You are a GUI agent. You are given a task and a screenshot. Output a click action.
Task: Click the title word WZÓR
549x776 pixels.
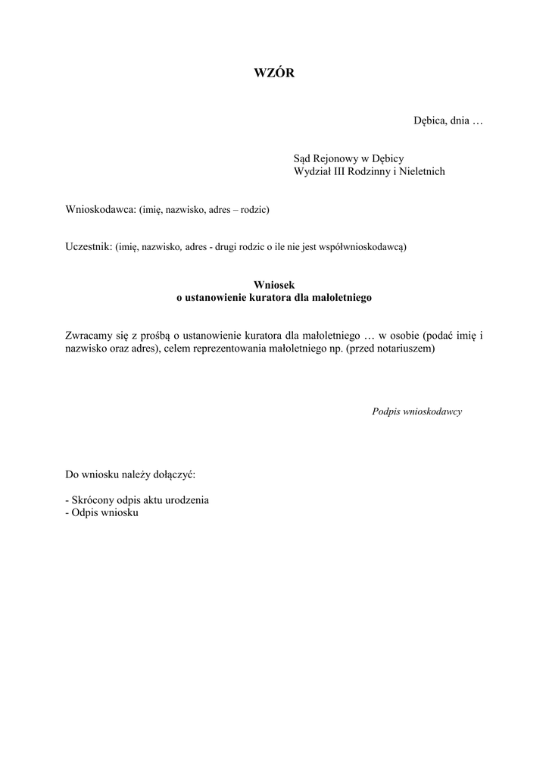(x=273, y=73)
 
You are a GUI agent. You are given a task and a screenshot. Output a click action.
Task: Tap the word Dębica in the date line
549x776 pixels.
(x=429, y=120)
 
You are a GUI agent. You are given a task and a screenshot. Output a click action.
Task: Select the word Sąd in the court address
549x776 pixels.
(x=303, y=158)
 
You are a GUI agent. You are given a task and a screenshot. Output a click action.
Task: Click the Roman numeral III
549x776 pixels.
(x=335, y=171)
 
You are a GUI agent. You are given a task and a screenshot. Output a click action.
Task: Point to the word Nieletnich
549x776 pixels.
(x=420, y=171)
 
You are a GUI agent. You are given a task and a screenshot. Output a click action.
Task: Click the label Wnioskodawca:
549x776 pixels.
(x=100, y=209)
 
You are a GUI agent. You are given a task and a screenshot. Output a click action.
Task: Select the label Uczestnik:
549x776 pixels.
(x=89, y=246)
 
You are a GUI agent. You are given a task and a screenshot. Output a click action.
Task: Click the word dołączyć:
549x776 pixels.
(x=175, y=476)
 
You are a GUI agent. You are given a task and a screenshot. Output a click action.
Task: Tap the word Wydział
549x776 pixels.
(x=312, y=171)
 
